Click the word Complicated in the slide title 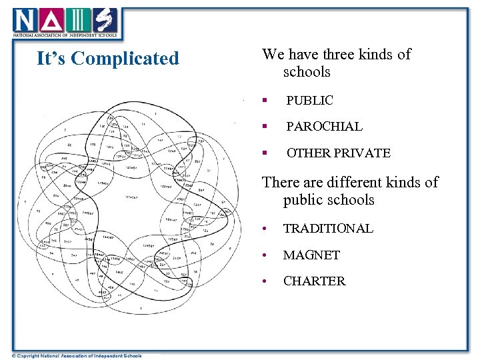click(125, 59)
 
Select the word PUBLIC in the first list click(309, 101)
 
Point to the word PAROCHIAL click(324, 127)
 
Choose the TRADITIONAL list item click(329, 229)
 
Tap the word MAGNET click(311, 255)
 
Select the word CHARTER click(314, 281)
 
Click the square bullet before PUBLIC click(265, 101)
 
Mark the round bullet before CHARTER click(265, 282)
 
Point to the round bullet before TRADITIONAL click(265, 229)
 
